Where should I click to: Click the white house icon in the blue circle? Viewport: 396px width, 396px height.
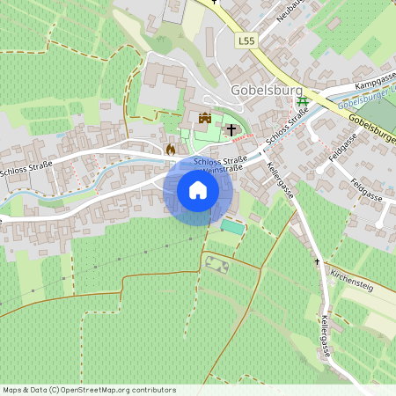coord(198,191)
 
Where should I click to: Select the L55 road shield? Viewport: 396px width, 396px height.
coord(246,40)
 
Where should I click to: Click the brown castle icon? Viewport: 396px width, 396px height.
coord(206,118)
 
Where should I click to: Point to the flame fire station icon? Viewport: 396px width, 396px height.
coord(170,150)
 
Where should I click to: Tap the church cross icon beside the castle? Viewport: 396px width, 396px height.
coord(231,130)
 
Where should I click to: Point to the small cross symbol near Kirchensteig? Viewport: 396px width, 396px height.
coord(318,262)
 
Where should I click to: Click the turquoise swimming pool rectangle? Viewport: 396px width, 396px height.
coord(231,226)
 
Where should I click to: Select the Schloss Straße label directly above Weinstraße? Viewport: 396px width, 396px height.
coord(219,160)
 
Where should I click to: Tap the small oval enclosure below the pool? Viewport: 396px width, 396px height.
coord(217,262)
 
